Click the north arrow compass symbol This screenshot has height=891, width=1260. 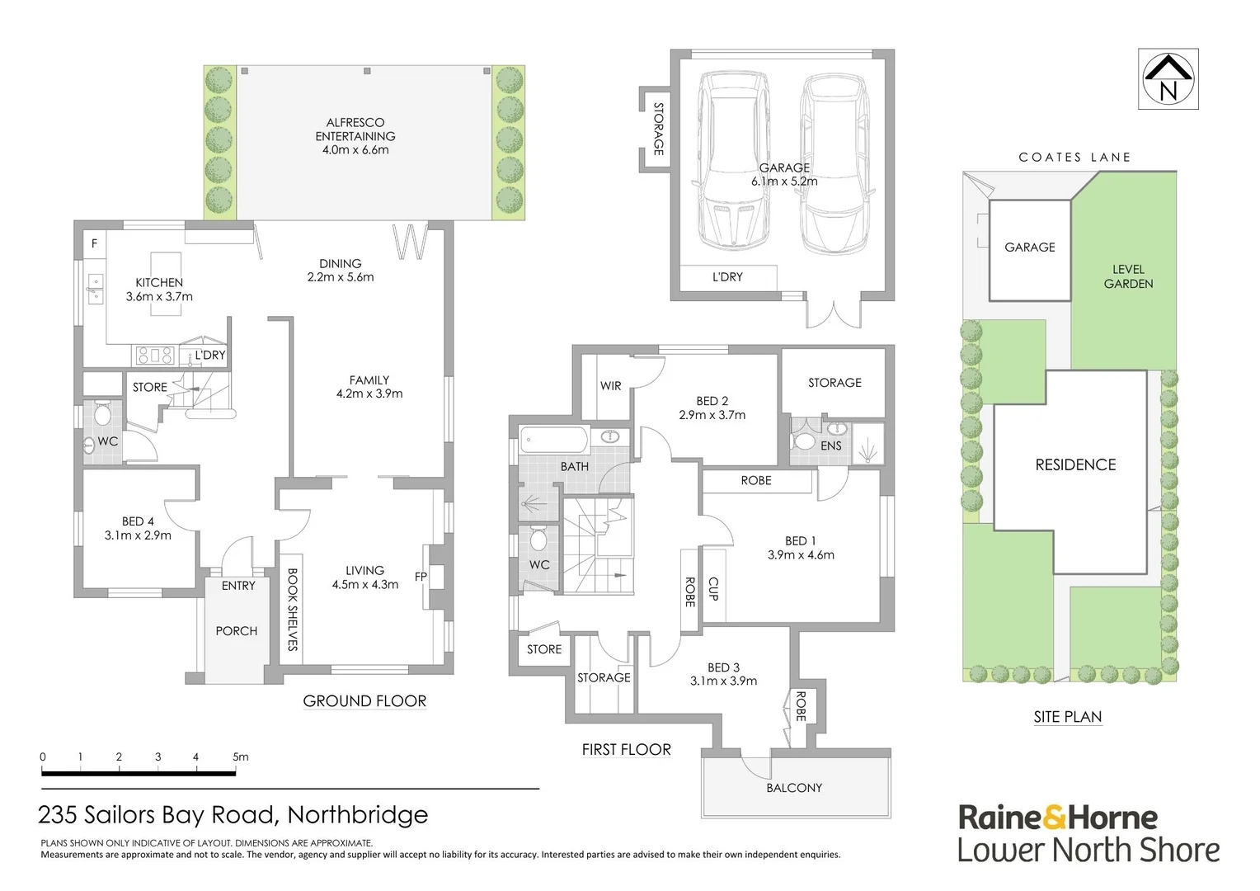click(x=1168, y=78)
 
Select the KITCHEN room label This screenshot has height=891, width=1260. click(x=159, y=282)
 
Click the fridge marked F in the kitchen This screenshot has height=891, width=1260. click(x=94, y=243)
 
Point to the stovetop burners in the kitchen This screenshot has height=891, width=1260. click(x=155, y=356)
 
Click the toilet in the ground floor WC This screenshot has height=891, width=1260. click(x=103, y=412)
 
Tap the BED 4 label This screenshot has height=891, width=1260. click(x=138, y=521)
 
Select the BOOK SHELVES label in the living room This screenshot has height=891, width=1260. click(x=292, y=610)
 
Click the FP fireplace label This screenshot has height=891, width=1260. click(x=421, y=577)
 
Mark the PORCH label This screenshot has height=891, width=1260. click(x=237, y=631)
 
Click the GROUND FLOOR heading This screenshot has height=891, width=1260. click(x=364, y=701)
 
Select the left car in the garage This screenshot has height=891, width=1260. click(x=733, y=161)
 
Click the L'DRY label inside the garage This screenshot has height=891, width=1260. click(x=727, y=277)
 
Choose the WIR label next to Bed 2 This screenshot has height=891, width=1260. click(x=610, y=386)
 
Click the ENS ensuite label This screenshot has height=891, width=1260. click(x=831, y=445)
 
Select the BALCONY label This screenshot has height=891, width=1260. click(x=794, y=788)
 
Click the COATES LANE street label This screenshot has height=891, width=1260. click(x=1074, y=157)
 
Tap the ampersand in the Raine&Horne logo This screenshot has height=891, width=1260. click(x=1055, y=818)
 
